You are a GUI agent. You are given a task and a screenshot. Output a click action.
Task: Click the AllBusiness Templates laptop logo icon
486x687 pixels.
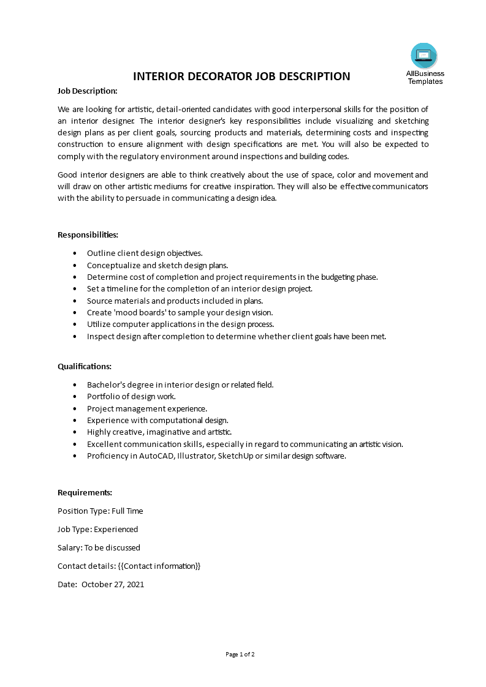click(424, 56)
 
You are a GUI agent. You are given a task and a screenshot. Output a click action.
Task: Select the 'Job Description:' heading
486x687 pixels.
click(87, 91)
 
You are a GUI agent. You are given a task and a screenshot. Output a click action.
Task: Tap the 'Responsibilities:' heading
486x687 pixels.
click(88, 235)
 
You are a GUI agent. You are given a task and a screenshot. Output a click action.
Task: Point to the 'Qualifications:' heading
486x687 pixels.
click(85, 366)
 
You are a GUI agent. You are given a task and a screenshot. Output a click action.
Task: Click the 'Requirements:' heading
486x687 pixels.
click(85, 492)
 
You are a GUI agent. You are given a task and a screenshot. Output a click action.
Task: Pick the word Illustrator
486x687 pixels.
click(195, 456)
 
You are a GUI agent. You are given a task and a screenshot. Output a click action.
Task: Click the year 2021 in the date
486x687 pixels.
click(134, 584)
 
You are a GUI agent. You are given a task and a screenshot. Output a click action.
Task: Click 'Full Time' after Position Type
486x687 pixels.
click(127, 511)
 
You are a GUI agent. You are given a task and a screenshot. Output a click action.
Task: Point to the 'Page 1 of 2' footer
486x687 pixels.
click(240, 654)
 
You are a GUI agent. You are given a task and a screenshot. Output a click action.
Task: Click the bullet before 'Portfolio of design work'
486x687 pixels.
click(75, 397)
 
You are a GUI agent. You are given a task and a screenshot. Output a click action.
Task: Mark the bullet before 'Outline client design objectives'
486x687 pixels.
click(75, 253)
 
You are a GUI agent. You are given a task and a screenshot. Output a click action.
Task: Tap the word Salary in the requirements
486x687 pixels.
click(69, 547)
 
